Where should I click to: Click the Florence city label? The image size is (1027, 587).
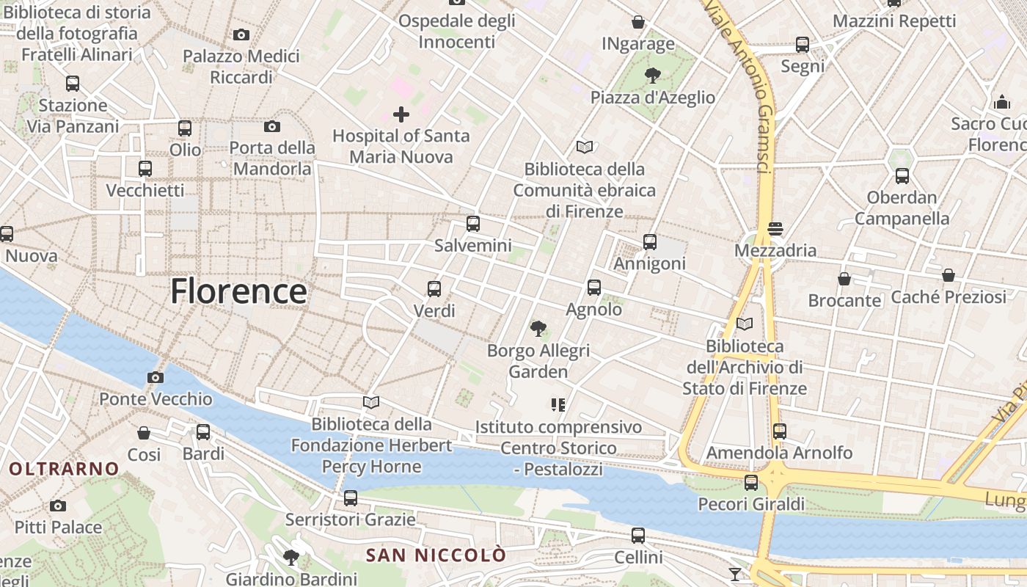click(x=238, y=291)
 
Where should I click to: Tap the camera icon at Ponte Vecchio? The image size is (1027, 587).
click(x=156, y=378)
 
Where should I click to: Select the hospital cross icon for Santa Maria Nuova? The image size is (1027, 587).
click(x=401, y=114)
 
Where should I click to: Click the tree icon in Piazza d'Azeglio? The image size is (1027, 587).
click(x=652, y=75)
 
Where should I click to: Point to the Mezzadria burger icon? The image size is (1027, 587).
click(x=775, y=229)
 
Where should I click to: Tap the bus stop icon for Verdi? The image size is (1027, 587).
click(x=434, y=289)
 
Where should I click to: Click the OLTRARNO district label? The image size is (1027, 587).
click(x=64, y=468)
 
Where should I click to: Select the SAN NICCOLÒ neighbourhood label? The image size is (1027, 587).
click(x=436, y=555)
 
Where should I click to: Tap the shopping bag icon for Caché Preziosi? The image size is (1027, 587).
click(x=949, y=276)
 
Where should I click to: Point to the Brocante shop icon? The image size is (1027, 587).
click(x=844, y=279)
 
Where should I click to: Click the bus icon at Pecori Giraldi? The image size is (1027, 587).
click(x=751, y=483)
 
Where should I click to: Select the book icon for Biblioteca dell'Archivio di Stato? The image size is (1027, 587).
click(x=745, y=324)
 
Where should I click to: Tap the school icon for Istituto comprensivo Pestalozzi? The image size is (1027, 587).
click(x=558, y=404)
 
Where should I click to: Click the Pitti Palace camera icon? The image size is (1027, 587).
click(x=58, y=506)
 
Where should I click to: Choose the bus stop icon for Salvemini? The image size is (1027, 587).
click(x=473, y=224)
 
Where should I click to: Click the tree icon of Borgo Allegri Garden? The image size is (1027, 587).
click(x=538, y=328)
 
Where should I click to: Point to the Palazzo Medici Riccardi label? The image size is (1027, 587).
click(x=241, y=66)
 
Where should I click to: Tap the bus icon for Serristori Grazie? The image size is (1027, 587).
click(x=351, y=498)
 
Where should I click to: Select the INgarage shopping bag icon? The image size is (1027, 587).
click(x=638, y=22)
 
